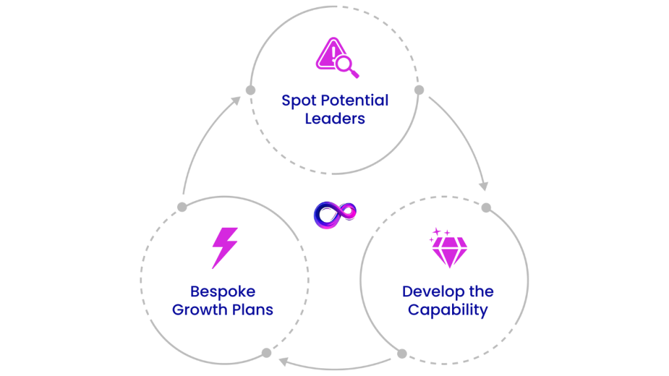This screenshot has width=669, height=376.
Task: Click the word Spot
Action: click(297, 101)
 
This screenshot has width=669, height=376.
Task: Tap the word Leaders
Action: click(334, 119)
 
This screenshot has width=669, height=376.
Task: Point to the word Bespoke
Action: click(222, 291)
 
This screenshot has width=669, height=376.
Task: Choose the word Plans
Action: click(253, 309)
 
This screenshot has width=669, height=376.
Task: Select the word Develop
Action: click(432, 291)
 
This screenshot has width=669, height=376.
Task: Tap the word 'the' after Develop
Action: click(480, 291)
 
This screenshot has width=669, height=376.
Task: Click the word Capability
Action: click(448, 309)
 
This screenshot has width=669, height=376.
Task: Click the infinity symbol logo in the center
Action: click(335, 214)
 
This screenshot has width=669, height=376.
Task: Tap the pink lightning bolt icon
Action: click(224, 247)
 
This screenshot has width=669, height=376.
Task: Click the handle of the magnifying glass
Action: click(355, 74)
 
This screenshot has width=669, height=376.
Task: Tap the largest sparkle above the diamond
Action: click(437, 233)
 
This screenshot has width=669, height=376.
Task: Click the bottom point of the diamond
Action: click(450, 267)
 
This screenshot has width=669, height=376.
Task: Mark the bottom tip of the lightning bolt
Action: click(213, 268)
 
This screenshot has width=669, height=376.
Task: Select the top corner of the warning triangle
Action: click(333, 38)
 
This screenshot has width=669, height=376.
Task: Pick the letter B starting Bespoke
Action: click(194, 291)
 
